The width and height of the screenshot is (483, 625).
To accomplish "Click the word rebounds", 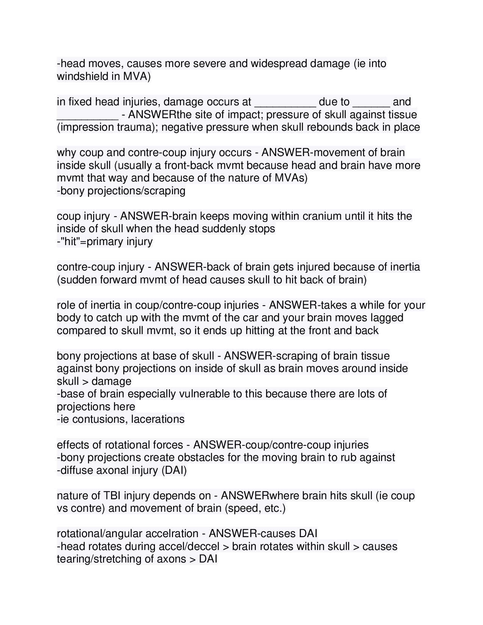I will pos(329,127).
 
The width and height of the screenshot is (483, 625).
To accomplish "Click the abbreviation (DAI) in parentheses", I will pos(174,470).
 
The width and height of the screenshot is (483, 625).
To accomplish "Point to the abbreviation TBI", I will pos(112,495).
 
